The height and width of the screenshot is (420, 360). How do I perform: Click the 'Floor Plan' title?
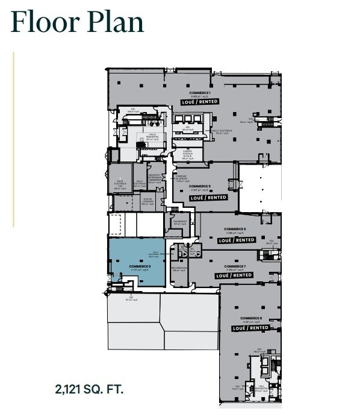(78, 22)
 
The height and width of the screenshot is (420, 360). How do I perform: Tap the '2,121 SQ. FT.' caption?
(89, 389)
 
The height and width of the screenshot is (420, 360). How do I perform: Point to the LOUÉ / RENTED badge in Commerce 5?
(208, 197)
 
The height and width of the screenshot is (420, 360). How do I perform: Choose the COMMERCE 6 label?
(235, 230)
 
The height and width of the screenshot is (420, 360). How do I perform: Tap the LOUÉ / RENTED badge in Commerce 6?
(237, 240)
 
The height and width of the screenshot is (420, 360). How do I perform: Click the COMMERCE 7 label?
(234, 266)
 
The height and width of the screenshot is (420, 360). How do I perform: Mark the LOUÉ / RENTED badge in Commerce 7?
(234, 275)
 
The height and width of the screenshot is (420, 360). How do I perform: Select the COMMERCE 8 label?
(250, 318)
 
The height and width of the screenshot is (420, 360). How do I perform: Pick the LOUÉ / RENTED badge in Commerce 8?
(250, 328)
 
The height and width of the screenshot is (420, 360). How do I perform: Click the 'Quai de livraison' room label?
(148, 202)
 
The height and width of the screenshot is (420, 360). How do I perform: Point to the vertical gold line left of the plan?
(13, 139)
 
